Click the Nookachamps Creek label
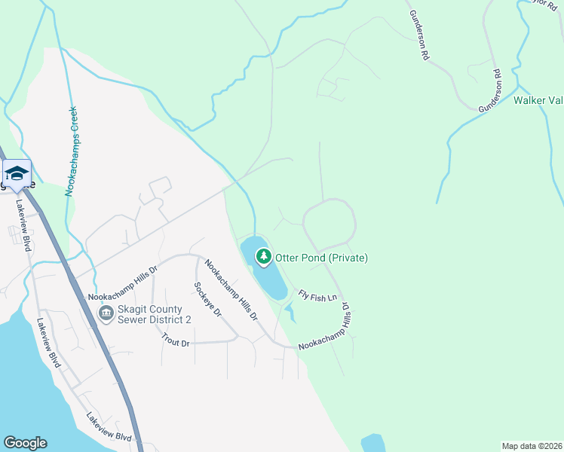click(72, 151)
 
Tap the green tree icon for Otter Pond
click(263, 258)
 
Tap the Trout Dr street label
click(175, 341)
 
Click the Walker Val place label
click(538, 99)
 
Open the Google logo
click(25, 443)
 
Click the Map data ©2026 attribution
click(531, 446)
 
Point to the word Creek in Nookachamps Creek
click(72, 121)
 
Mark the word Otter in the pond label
click(288, 258)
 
